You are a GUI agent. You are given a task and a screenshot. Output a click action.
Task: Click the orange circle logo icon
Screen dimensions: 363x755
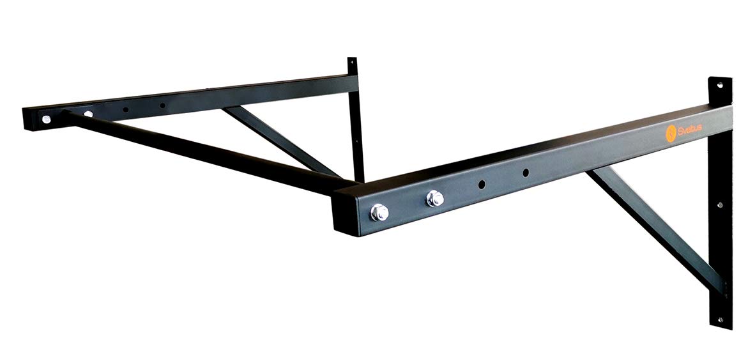click(670, 134)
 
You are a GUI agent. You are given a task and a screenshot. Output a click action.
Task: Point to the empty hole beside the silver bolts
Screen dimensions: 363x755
click(482, 184)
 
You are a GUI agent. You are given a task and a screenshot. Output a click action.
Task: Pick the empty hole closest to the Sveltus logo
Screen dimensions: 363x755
click(525, 173)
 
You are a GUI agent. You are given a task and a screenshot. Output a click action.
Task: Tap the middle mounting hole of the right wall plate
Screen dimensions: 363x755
click(720, 205)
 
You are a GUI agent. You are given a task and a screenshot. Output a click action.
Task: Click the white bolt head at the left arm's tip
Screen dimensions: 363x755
click(46, 119)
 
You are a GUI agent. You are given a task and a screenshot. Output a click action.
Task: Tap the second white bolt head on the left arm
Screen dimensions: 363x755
click(88, 114)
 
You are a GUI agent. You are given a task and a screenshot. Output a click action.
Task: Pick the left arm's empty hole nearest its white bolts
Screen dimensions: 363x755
click(125, 109)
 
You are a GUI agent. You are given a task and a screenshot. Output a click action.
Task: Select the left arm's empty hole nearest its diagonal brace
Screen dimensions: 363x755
click(162, 105)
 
